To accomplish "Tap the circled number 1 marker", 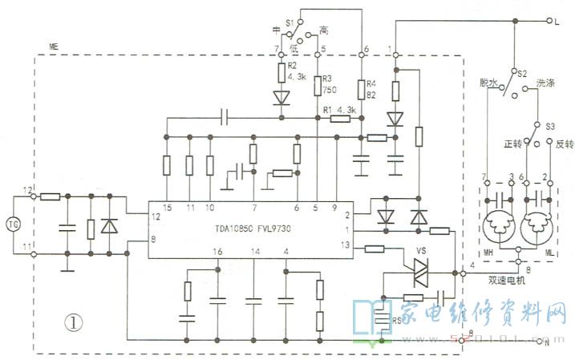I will click(x=73, y=322).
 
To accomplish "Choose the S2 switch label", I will click(x=521, y=74).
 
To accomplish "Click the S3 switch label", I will click(x=549, y=127).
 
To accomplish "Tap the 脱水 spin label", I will click(x=488, y=83).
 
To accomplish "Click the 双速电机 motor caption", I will click(x=510, y=281).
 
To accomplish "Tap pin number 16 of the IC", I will click(x=217, y=253).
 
